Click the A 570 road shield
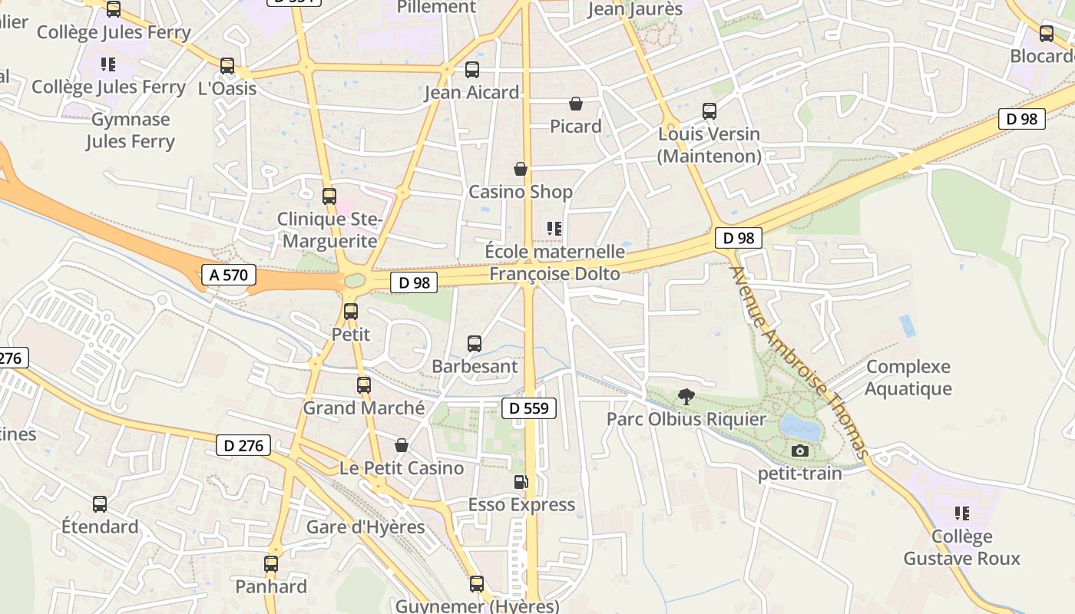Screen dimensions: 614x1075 click(x=228, y=275)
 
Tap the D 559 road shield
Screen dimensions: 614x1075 click(x=529, y=408)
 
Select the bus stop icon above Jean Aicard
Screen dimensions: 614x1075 click(x=472, y=70)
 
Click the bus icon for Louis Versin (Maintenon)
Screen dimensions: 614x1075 click(x=709, y=111)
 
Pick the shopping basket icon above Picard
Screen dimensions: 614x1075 click(x=576, y=104)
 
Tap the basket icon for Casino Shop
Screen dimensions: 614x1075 click(x=521, y=169)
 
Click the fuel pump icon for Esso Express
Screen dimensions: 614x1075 click(x=521, y=482)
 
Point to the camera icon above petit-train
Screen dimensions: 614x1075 click(x=800, y=451)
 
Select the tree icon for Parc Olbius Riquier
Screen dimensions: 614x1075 click(x=686, y=397)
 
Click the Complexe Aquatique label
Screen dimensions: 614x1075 click(x=908, y=378)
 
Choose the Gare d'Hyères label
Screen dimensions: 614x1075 click(x=365, y=527)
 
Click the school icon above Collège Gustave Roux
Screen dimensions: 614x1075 click(x=962, y=513)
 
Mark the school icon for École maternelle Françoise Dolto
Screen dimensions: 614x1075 click(x=554, y=228)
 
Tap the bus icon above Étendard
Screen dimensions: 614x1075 click(x=100, y=504)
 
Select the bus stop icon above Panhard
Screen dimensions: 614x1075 click(x=271, y=564)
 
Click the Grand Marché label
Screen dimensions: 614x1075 click(x=364, y=408)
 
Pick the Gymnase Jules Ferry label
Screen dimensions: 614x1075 click(x=131, y=130)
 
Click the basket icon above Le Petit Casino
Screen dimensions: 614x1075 click(x=401, y=445)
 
